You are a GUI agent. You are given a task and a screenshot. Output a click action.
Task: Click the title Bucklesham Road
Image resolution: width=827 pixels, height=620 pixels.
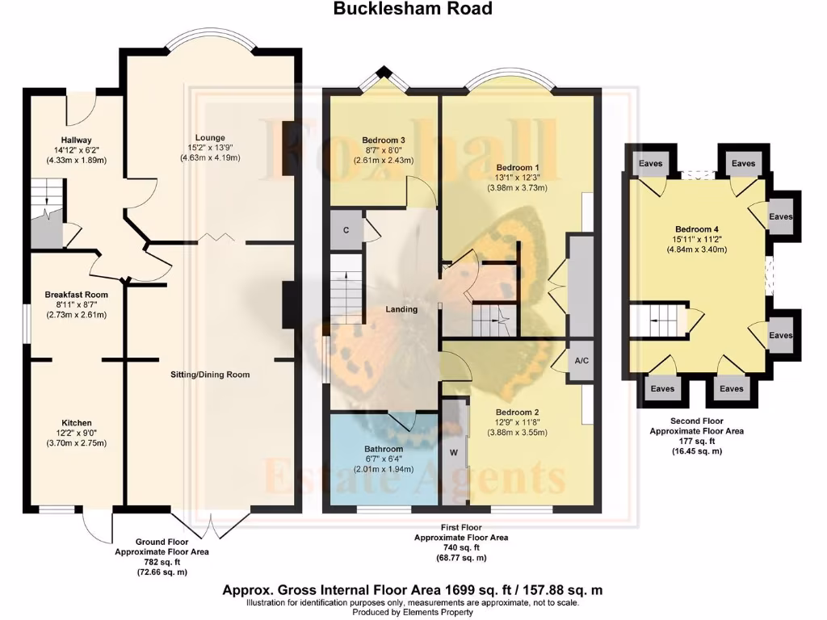tap(413, 9)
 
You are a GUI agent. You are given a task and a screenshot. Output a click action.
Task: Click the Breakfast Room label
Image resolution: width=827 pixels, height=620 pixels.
tap(76, 295)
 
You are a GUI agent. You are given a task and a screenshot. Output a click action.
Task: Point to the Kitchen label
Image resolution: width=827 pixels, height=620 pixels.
tap(77, 422)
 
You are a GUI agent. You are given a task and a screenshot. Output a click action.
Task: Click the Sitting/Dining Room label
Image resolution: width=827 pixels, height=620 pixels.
tap(210, 375)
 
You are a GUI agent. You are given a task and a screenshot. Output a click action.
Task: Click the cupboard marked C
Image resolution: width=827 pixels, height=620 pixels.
tap(346, 230)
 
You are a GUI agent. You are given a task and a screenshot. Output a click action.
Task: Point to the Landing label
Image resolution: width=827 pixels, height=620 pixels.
tap(401, 309)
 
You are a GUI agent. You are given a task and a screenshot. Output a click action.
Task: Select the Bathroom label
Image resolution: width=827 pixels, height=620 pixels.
tap(383, 449)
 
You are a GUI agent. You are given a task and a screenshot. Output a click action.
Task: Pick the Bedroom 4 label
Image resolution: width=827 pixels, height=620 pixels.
tap(692, 228)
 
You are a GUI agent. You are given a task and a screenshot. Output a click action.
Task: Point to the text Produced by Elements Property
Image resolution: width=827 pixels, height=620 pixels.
tap(413, 612)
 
